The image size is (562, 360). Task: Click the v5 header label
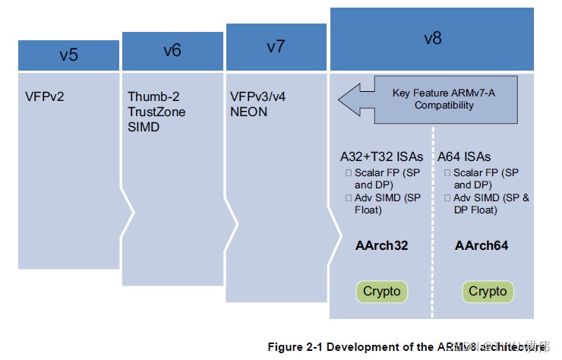[x=68, y=55]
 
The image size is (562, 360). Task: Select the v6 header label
[x=172, y=51]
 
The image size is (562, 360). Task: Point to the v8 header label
[x=432, y=38]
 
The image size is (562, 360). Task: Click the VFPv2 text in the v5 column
[x=45, y=97]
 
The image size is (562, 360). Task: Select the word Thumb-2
[x=153, y=97]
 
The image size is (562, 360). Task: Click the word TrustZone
[x=156, y=112]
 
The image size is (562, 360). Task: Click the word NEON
[x=248, y=112]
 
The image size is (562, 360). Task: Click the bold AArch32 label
[x=381, y=246]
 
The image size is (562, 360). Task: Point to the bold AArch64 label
[x=481, y=246]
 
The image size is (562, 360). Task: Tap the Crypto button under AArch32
[x=381, y=291]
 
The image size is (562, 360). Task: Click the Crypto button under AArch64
[x=487, y=291]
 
